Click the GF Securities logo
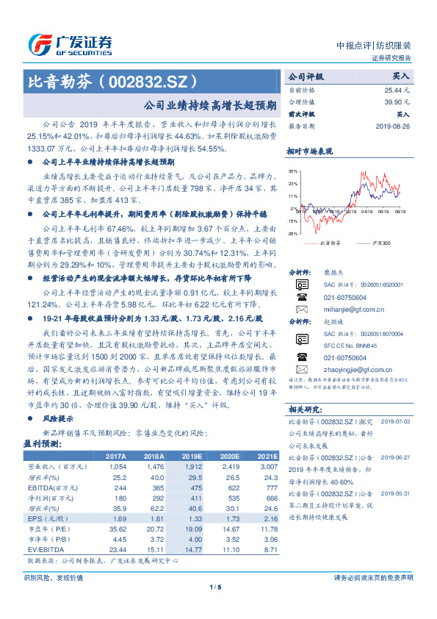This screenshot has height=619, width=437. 69,44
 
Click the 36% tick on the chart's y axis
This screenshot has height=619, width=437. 292,171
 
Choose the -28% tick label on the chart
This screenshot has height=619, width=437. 292,234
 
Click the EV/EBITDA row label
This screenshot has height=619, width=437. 42,548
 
